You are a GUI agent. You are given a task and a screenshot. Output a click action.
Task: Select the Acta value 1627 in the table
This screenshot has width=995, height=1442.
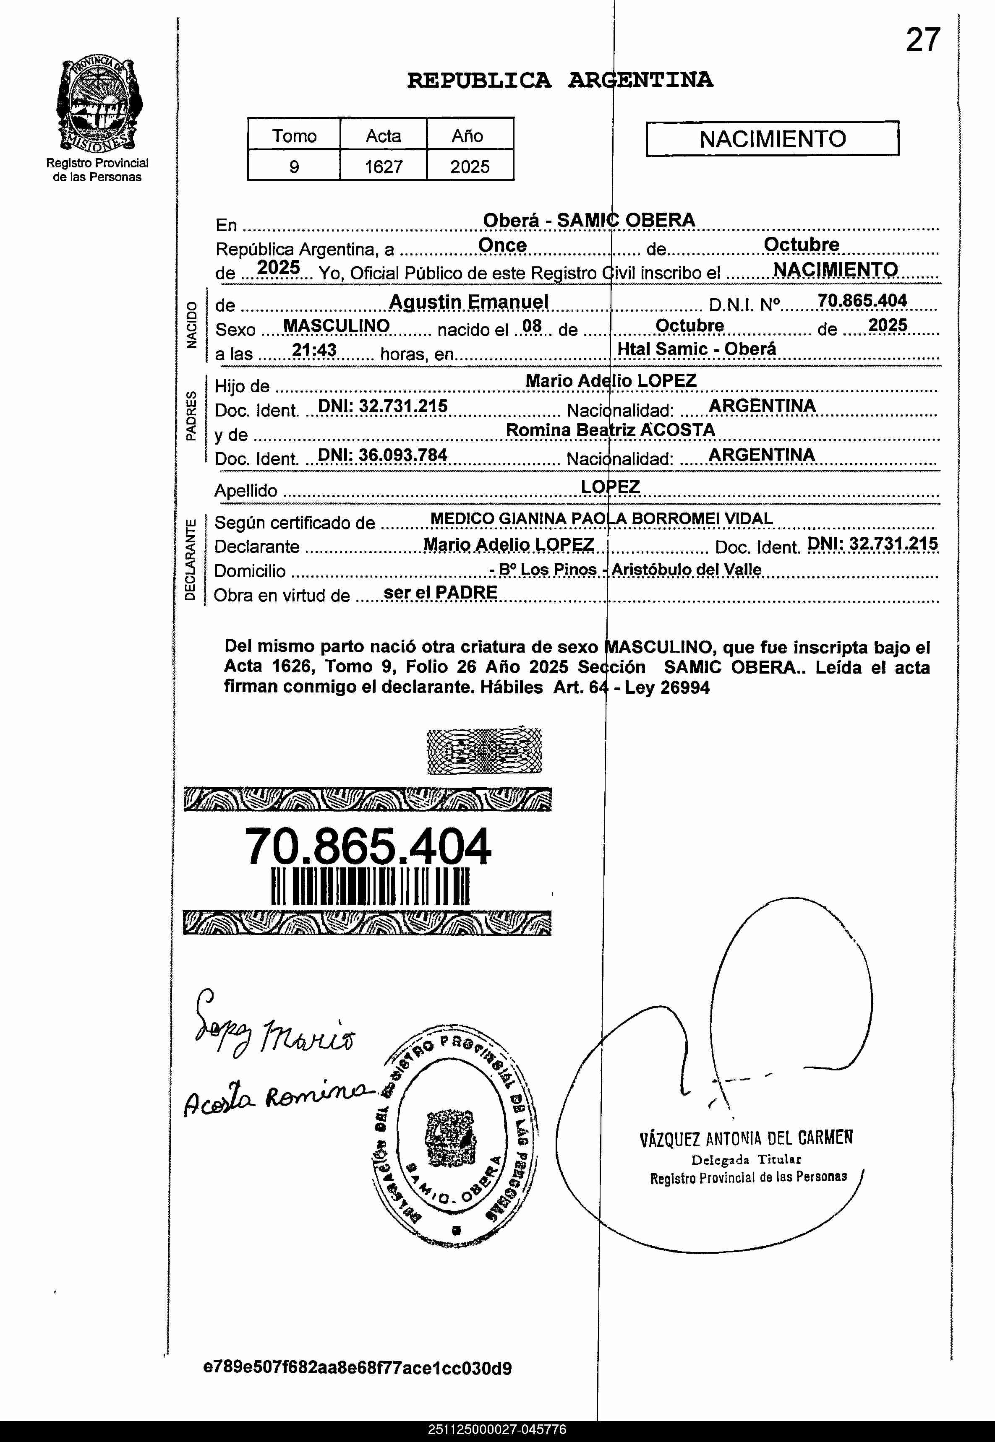click(x=384, y=167)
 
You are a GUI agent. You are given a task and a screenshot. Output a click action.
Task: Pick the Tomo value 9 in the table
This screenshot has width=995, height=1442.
click(x=294, y=167)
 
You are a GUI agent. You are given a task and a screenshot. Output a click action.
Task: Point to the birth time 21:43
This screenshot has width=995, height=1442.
click(x=314, y=350)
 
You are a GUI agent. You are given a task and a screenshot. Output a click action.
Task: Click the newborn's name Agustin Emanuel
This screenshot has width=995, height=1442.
click(x=468, y=302)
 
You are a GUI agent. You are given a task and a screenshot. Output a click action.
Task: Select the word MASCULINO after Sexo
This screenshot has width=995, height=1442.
click(x=336, y=325)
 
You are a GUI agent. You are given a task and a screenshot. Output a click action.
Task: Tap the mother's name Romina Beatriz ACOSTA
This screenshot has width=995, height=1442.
click(x=610, y=430)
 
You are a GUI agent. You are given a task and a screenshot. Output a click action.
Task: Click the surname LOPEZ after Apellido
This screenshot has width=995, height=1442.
click(x=610, y=486)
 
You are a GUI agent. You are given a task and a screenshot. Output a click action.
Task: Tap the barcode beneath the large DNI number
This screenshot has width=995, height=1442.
click(x=370, y=887)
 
